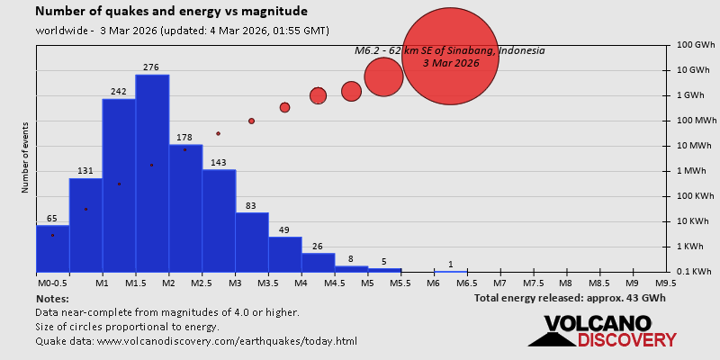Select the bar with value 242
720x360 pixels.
coord(119,184)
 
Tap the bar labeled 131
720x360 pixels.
coord(85,225)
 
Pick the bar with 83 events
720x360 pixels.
coord(252,242)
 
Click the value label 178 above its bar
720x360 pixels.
coord(184,138)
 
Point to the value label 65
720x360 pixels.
coord(52,219)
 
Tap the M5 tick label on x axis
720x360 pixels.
coord(367,283)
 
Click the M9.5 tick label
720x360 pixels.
coord(666,283)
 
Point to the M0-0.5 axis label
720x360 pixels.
coord(52,283)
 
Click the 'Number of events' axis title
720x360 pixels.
coord(25,160)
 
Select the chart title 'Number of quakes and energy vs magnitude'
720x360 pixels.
coord(171,12)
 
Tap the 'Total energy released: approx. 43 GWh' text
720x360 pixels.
coord(570,298)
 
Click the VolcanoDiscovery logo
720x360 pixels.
coord(601,331)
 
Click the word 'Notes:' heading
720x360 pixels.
coord(52,298)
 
